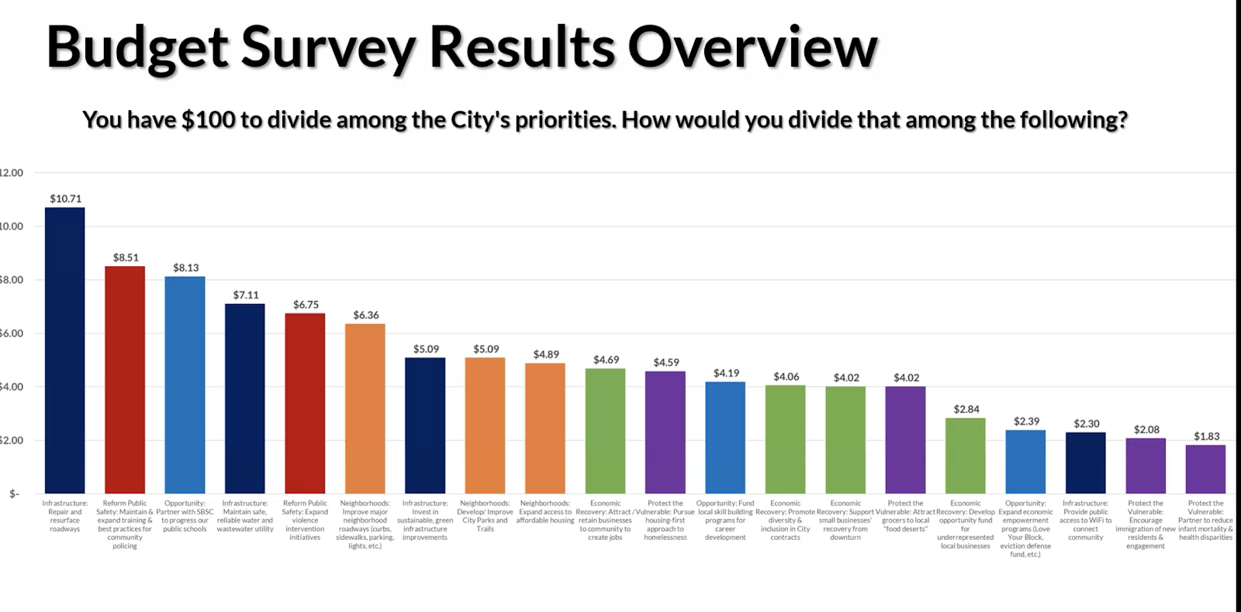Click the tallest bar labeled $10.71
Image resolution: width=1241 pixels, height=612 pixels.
coord(65,350)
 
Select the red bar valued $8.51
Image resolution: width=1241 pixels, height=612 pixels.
coord(125,379)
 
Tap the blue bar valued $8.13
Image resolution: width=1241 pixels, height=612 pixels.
coord(185,385)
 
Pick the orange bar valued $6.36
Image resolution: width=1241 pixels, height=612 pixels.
coord(365,408)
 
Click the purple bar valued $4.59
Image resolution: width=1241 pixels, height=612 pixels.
coord(665,432)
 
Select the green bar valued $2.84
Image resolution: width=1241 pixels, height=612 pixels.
coord(966,455)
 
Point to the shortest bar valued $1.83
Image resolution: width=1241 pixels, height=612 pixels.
coord(1205,469)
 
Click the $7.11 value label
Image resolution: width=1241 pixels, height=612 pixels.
coord(246,296)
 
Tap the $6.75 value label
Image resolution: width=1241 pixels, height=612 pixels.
coord(306,305)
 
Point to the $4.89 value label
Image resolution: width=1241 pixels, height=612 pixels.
coord(546,354)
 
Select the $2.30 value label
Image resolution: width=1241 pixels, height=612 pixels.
coord(1086,424)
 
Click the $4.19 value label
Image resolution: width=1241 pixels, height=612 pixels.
coord(726,373)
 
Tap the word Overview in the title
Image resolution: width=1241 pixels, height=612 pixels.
coord(752,47)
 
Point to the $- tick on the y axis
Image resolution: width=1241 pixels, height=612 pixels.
coord(14,493)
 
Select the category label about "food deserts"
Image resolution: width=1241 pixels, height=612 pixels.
coord(905,516)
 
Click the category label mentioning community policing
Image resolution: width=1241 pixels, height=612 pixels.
coord(125,524)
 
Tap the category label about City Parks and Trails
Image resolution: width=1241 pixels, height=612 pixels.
coord(485,516)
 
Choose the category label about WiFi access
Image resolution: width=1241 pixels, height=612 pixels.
coord(1086,520)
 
